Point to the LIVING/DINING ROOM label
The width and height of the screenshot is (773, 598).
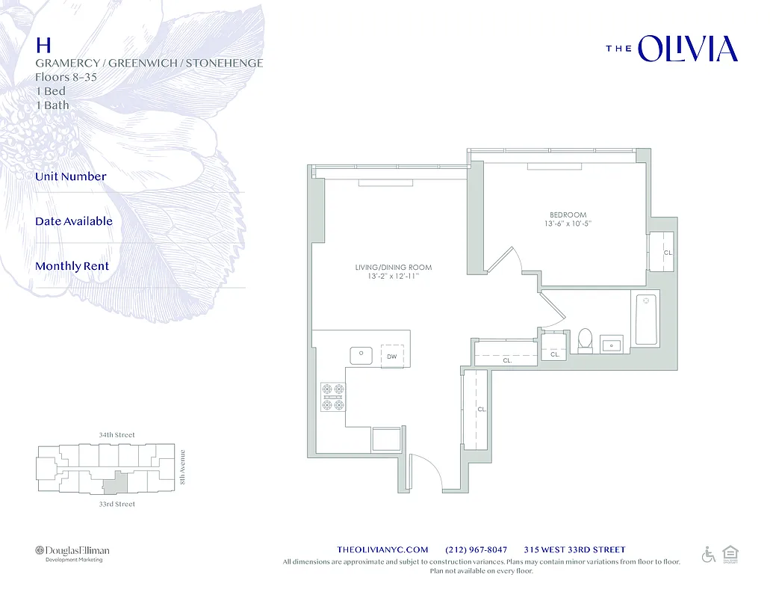click(393, 268)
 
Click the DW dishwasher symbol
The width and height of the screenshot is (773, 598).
click(392, 357)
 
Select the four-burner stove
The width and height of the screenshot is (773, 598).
click(333, 397)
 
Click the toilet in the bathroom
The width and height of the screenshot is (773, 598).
click(585, 340)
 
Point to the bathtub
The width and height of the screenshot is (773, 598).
click(645, 320)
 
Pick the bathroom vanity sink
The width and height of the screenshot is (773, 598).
click(612, 345)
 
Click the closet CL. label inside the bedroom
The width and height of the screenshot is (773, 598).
click(668, 253)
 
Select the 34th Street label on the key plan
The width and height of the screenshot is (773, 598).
click(117, 435)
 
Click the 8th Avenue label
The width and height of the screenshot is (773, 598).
click(184, 467)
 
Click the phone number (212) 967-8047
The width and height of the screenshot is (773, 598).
click(476, 549)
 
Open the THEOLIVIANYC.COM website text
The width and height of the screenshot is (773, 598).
click(382, 549)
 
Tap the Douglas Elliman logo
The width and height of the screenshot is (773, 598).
click(72, 552)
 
